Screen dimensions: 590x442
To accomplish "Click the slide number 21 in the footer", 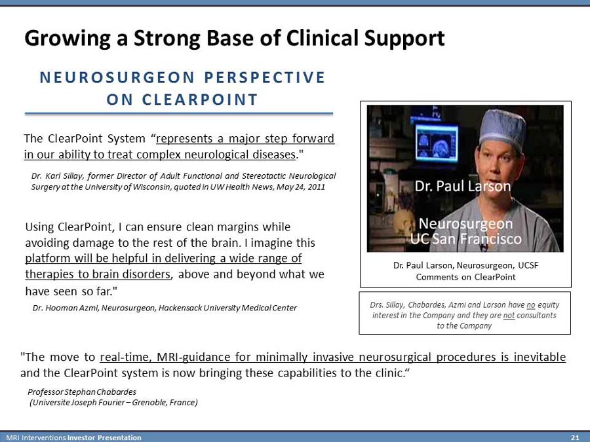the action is point(574,437).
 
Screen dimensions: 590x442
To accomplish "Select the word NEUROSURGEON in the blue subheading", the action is point(117,77).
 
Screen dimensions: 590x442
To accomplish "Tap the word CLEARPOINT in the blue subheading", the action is point(200,100).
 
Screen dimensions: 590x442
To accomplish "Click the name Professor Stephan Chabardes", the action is point(82,392).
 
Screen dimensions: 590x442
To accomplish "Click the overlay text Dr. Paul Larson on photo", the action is point(463,186).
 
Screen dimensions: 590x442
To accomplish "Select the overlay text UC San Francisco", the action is point(466,238).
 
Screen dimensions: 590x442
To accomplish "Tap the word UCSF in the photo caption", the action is point(528,265).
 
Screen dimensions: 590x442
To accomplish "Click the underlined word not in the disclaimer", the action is point(509,316).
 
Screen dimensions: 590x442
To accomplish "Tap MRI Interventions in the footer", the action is point(37,437).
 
